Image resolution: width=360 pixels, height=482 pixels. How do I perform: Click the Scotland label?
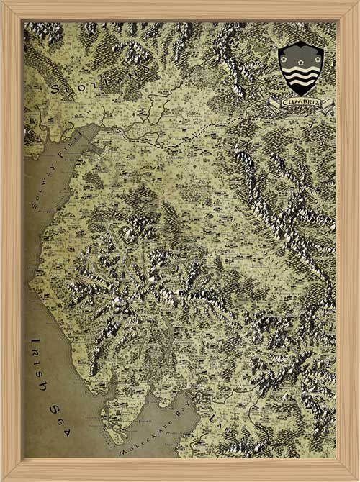pyautogui.click(x=101, y=81)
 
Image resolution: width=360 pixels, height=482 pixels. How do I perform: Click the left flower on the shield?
pyautogui.click(x=287, y=53)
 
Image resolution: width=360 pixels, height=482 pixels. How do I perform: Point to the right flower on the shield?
pyautogui.click(x=313, y=53)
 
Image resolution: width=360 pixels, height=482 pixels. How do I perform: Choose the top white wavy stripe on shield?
pyautogui.click(x=300, y=65)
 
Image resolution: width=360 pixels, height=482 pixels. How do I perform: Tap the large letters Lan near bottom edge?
pyautogui.click(x=216, y=424)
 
